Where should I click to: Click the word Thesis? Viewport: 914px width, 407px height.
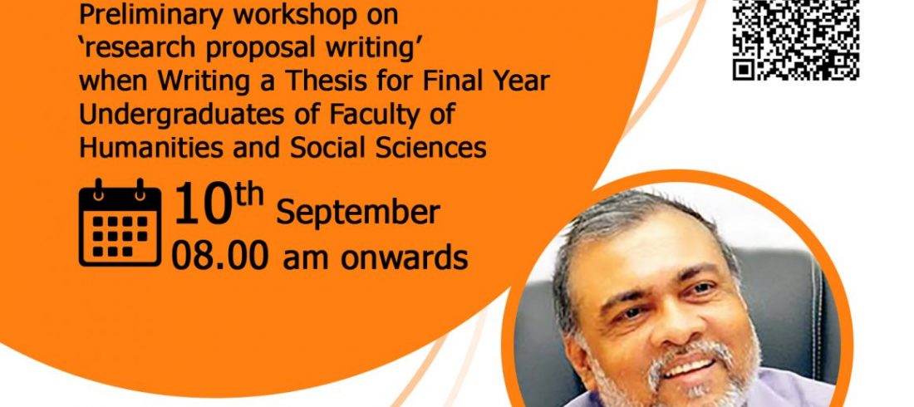(327, 81)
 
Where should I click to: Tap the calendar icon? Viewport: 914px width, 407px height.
(120, 223)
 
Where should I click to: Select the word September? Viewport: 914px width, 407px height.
(358, 213)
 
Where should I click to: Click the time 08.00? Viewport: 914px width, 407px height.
(219, 256)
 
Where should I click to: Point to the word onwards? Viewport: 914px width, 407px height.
(404, 257)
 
